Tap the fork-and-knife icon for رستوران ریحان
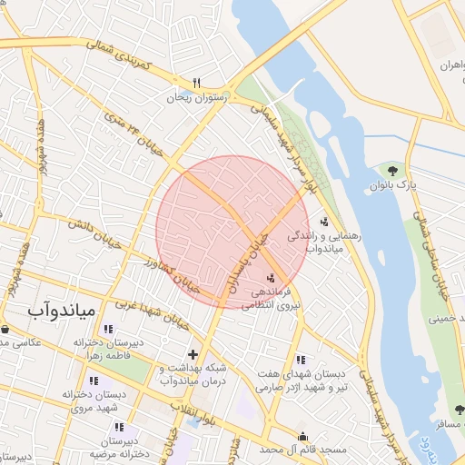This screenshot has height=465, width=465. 196,80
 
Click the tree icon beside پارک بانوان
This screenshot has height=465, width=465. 392,170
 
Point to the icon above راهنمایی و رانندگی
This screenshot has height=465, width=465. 324,221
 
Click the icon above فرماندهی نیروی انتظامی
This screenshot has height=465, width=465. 272,277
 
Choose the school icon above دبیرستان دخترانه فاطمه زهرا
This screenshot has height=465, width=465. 108,329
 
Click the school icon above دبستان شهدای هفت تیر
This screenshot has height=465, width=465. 301,360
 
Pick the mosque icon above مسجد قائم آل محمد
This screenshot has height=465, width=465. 302,436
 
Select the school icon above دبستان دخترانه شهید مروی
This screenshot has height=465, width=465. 94,381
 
